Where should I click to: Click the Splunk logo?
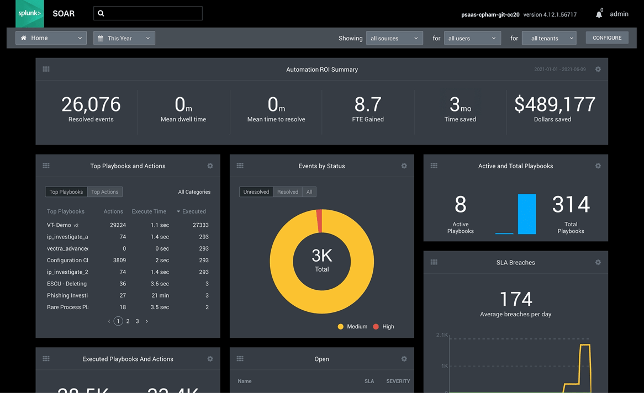[30, 13]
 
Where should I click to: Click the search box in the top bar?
[148, 13]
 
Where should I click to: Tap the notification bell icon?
[599, 15]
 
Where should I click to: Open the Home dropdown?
[51, 38]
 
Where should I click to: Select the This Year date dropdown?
[124, 38]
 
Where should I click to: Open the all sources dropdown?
[394, 38]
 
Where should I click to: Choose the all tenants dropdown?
[548, 38]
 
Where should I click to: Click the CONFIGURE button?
[607, 38]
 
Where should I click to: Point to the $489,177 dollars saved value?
[555, 104]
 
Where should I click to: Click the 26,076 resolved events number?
[91, 104]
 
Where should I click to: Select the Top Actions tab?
[104, 192]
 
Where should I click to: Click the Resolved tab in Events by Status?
[287, 192]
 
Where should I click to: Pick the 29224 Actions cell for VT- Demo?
[118, 225]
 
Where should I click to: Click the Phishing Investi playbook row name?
[67, 296]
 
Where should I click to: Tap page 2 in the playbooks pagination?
[128, 321]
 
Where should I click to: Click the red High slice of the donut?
[319, 221]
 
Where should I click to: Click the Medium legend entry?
[352, 327]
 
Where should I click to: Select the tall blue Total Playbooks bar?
[527, 214]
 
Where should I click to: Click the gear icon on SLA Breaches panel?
[598, 262]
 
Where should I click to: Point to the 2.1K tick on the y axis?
[442, 335]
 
